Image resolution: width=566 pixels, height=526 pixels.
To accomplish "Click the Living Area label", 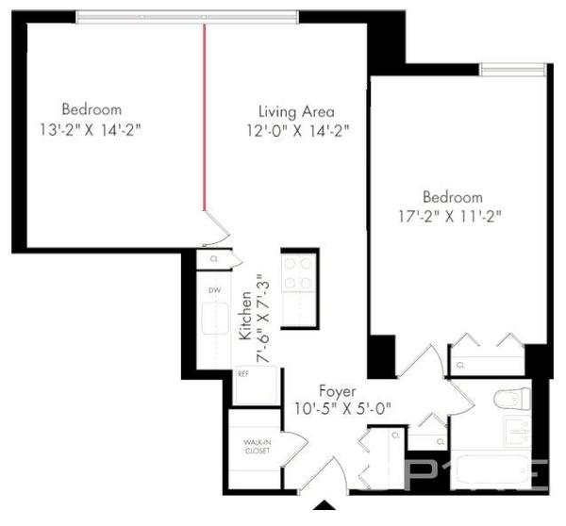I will pos(296,111).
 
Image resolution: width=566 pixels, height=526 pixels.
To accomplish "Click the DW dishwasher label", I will pos(215,290).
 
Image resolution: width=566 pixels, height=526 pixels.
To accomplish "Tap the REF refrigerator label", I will pos(242,373).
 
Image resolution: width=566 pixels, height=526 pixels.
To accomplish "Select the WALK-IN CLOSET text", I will pos(257,446).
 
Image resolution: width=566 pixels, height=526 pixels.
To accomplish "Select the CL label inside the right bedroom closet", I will pos(460,365).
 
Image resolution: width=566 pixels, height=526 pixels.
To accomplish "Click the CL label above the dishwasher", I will pos(214,257).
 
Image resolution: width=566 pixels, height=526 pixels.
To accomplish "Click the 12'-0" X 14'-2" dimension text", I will pos(294,132).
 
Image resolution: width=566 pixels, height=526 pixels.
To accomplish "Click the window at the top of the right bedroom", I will pos(512,68).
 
